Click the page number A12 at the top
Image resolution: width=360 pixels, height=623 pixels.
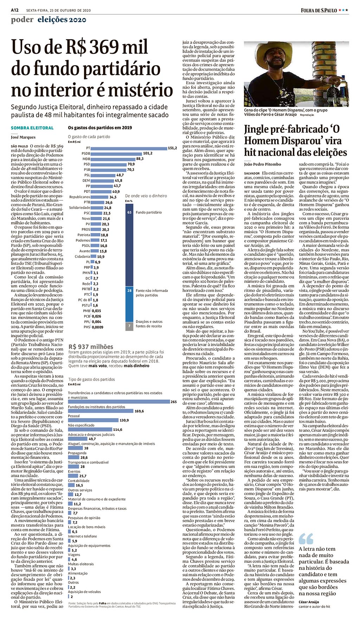pos(15,10)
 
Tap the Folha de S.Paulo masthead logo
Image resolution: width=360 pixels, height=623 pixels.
pos(319,10)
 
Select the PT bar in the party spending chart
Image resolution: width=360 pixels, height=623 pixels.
pos(129,148)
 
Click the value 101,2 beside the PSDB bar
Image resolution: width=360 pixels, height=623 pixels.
pos(148,153)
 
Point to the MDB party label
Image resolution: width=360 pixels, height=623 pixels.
pos(86,159)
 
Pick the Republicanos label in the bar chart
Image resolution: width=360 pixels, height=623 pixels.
pos(80,197)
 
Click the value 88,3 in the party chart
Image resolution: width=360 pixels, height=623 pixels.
pos(140,159)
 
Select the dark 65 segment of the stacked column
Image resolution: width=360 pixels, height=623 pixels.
pos(129,245)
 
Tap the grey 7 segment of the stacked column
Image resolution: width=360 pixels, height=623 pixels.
pos(129,326)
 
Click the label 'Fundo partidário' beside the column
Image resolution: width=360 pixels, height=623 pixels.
pos(149,212)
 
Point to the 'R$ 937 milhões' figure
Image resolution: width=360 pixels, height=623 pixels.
pos(91,346)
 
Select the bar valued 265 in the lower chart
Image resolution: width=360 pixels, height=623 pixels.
pos(118,402)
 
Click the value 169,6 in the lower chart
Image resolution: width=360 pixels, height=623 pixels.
pos(139,411)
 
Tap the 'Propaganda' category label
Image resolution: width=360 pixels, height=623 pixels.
pos(77,453)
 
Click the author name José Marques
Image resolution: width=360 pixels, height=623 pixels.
pos(23,137)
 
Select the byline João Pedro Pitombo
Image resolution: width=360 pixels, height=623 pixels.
pos(263,164)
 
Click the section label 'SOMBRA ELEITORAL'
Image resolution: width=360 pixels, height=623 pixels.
pos(32,128)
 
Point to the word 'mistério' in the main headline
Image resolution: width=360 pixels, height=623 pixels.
pos(140,90)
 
